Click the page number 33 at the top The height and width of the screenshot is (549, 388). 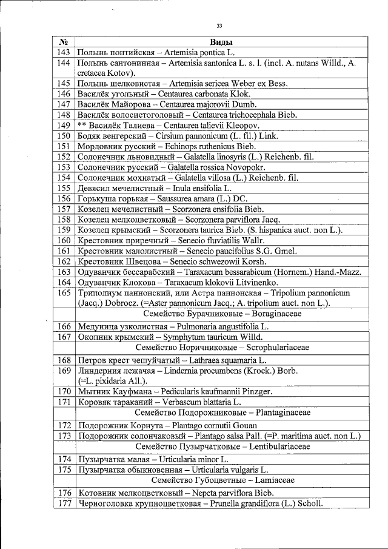[219, 25]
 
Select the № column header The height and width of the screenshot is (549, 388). [63, 42]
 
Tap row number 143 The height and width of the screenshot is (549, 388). [64, 53]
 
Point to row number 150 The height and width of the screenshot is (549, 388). [64, 136]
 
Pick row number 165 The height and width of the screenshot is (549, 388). [64, 292]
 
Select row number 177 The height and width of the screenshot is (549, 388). [64, 503]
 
